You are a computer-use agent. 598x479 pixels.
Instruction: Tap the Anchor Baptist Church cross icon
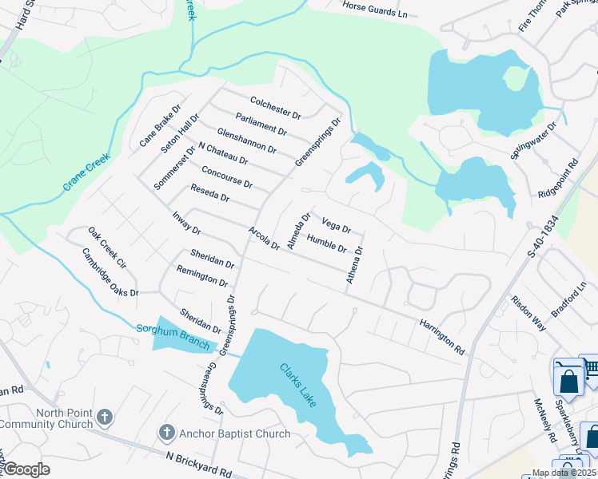coord(166,433)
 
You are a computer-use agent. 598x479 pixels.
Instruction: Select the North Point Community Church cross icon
coord(104,417)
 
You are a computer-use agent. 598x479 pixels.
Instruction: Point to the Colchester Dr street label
coord(275,108)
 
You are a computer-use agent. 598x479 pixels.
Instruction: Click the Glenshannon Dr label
coord(246,139)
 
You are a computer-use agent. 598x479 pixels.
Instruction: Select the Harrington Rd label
coord(441,335)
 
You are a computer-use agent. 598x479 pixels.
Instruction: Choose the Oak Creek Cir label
coord(108,247)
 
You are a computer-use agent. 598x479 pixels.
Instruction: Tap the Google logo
coord(26,469)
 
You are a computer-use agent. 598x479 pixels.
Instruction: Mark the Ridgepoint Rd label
coord(558,177)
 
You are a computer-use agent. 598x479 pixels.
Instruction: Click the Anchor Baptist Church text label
coord(235,433)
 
